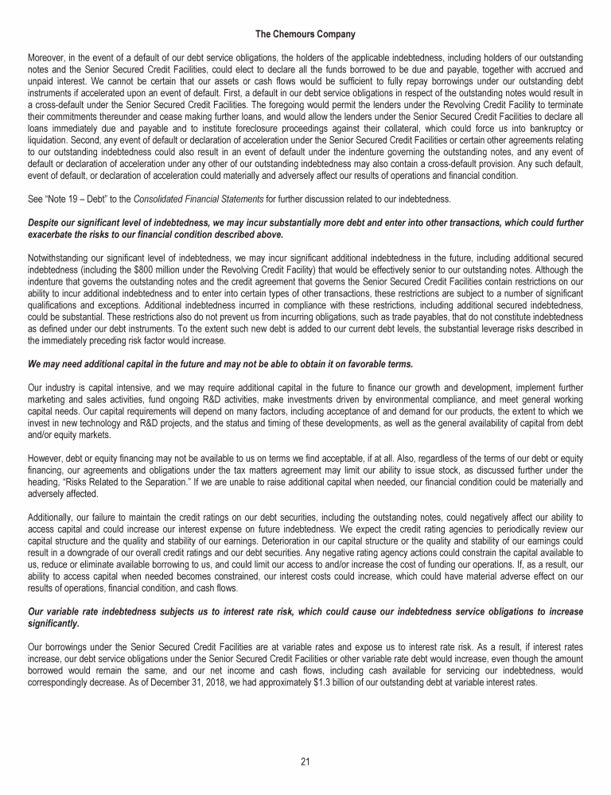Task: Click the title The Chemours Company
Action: coord(305,34)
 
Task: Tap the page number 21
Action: coord(305,761)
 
